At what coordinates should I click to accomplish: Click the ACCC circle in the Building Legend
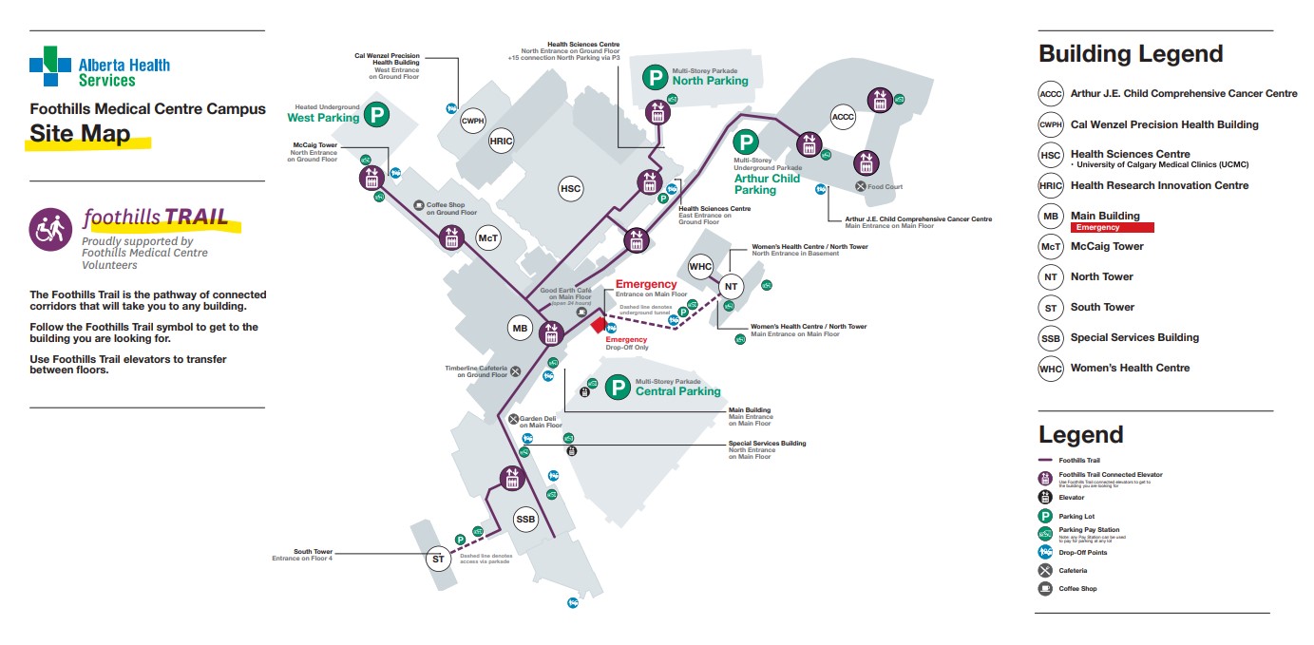point(1051,93)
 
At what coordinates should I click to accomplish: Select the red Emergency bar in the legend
point(1112,228)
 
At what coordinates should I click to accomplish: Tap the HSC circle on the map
point(570,189)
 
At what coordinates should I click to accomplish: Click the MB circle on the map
point(520,330)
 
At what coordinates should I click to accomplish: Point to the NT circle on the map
point(730,286)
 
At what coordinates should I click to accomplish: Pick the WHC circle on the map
point(700,266)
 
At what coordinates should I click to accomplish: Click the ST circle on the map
point(438,559)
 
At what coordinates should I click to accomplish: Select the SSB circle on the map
point(525,520)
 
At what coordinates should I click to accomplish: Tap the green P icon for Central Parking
point(619,388)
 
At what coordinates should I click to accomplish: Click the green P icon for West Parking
point(378,116)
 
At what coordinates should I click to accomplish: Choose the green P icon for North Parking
point(655,76)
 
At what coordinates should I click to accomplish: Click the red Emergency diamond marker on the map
point(598,325)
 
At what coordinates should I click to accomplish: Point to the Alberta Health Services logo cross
point(50,66)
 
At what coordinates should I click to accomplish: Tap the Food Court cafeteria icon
point(861,186)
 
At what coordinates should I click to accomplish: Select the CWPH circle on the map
point(472,122)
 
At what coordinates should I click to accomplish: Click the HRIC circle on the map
point(502,142)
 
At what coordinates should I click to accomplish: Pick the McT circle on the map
point(488,238)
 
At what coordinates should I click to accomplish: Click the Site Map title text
point(80,133)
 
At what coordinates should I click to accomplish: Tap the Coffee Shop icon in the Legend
point(1046,589)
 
